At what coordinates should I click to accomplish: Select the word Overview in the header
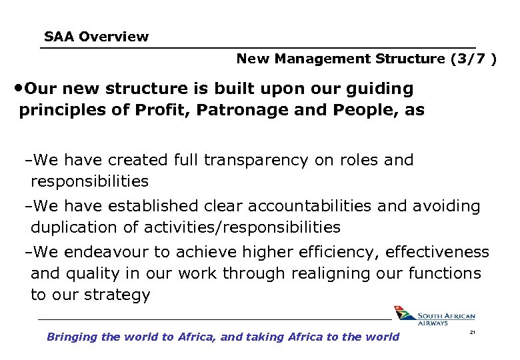113,37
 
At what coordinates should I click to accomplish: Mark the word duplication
73,227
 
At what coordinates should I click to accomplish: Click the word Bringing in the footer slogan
72,337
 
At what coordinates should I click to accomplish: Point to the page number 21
472,331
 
